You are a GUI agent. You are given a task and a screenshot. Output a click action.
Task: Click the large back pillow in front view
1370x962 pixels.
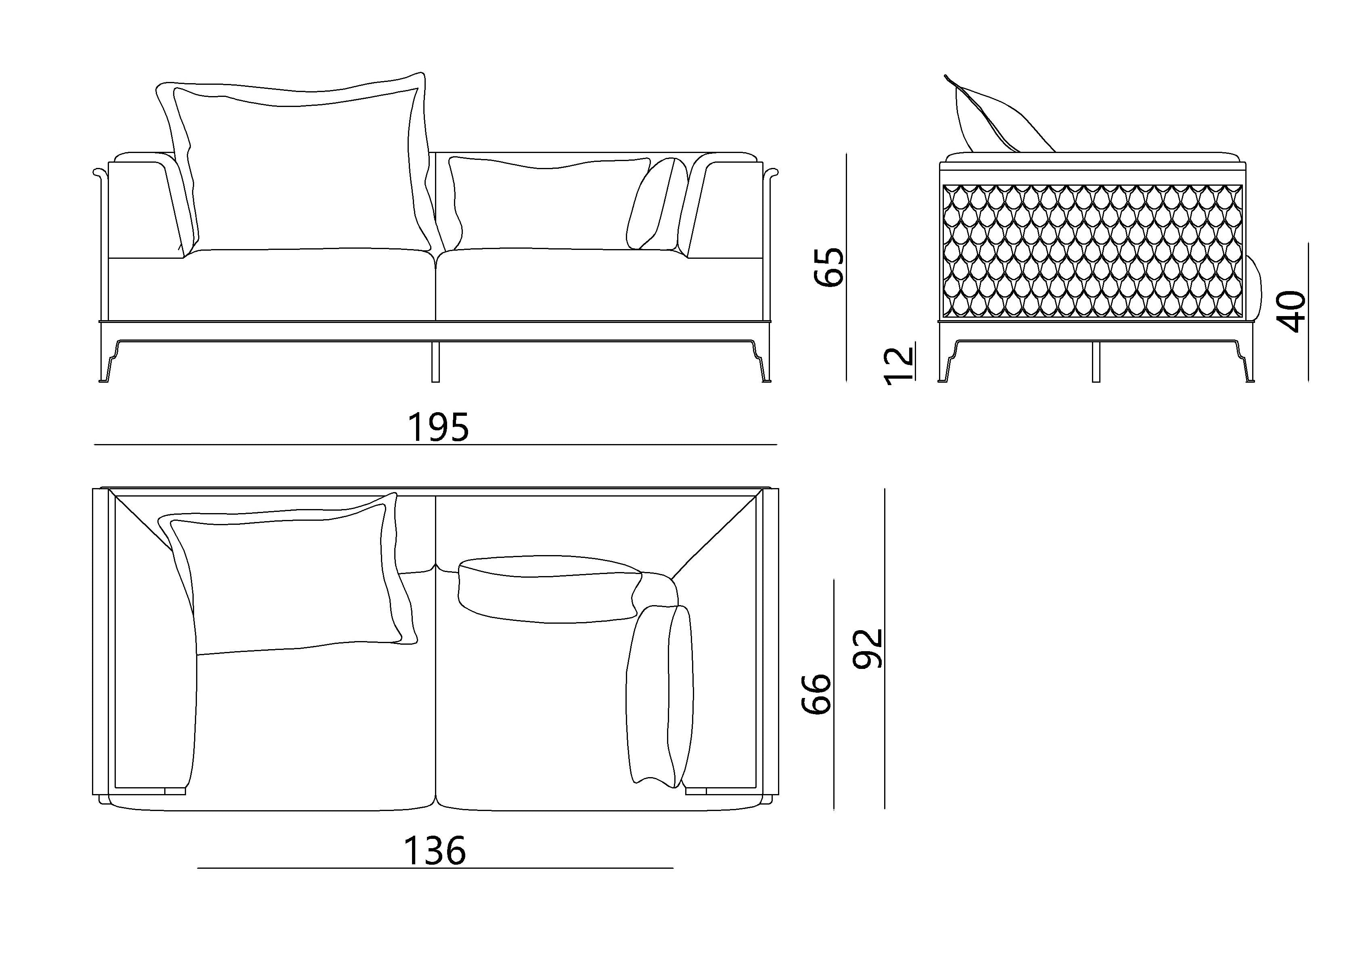pos(298,167)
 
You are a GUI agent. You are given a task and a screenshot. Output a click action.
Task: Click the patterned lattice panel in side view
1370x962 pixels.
pos(1092,251)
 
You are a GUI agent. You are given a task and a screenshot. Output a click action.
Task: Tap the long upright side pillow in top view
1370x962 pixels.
pos(659,695)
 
